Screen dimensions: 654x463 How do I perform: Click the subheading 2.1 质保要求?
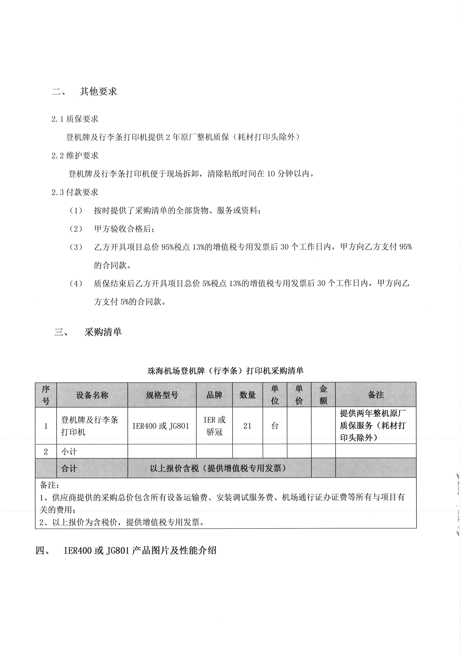coord(75,119)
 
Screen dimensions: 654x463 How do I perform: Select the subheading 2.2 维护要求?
coord(75,156)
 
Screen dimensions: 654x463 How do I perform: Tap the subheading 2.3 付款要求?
coord(75,192)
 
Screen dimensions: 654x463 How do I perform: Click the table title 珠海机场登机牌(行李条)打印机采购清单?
coord(226,371)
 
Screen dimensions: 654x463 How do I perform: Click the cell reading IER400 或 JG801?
coord(161,426)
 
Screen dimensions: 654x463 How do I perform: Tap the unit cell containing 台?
coord(275,426)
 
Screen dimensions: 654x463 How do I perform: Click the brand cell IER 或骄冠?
coord(214,426)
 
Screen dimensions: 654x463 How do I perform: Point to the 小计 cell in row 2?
coord(69,451)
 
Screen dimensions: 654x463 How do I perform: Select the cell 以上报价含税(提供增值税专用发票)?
coord(219,468)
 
